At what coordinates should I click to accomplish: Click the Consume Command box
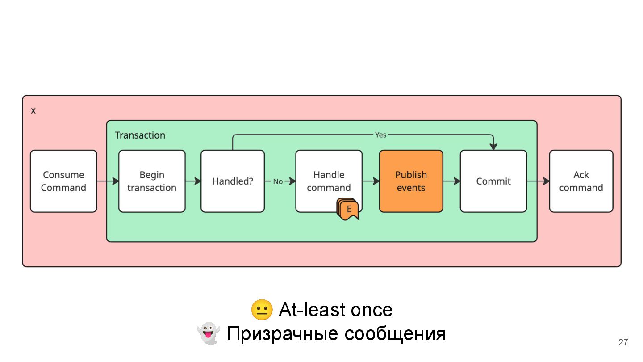click(63, 181)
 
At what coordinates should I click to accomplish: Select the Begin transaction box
click(152, 181)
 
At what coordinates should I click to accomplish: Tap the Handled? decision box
click(233, 181)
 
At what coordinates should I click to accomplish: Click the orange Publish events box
click(411, 181)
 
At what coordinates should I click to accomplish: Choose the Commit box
click(493, 181)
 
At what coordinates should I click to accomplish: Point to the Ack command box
click(581, 181)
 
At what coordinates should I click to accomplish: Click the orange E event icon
click(349, 209)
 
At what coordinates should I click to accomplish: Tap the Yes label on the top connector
click(380, 135)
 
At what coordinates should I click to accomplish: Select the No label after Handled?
click(278, 181)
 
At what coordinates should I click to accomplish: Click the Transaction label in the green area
click(140, 135)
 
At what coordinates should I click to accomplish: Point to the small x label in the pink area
click(33, 111)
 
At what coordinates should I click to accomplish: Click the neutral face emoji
click(262, 310)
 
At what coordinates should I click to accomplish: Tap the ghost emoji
click(209, 333)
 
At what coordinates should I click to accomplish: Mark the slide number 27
click(623, 342)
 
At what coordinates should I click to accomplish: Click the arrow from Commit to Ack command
click(538, 181)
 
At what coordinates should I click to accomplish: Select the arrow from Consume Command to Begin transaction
click(108, 181)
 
